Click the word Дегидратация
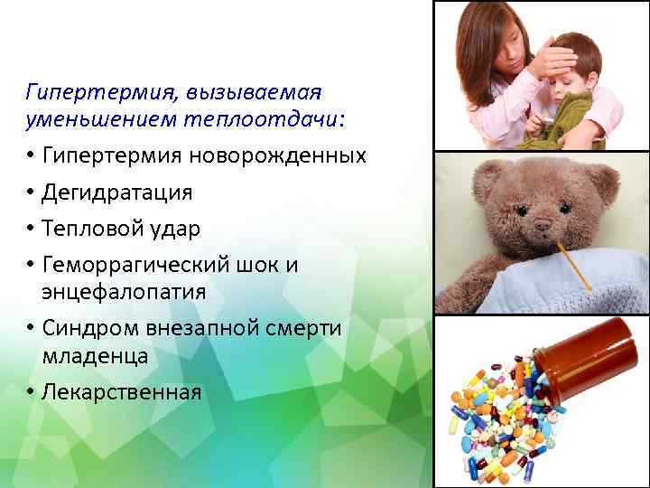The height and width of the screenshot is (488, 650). (x=117, y=192)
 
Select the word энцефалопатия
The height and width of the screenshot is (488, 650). (x=124, y=292)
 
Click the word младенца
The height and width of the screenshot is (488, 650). (x=95, y=356)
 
